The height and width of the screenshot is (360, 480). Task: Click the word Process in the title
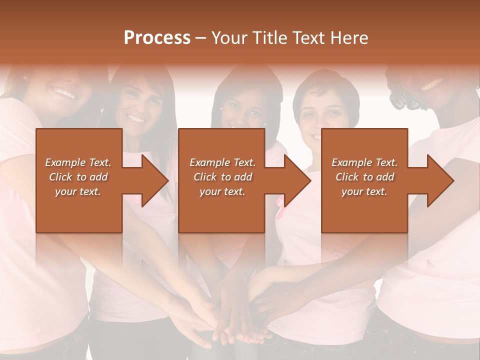[x=157, y=38]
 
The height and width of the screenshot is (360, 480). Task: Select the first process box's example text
[x=78, y=177]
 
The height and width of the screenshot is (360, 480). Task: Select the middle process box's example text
[x=222, y=177]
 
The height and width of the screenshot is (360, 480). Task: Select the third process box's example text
[x=364, y=177]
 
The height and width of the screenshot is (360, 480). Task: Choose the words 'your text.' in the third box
[x=364, y=191]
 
